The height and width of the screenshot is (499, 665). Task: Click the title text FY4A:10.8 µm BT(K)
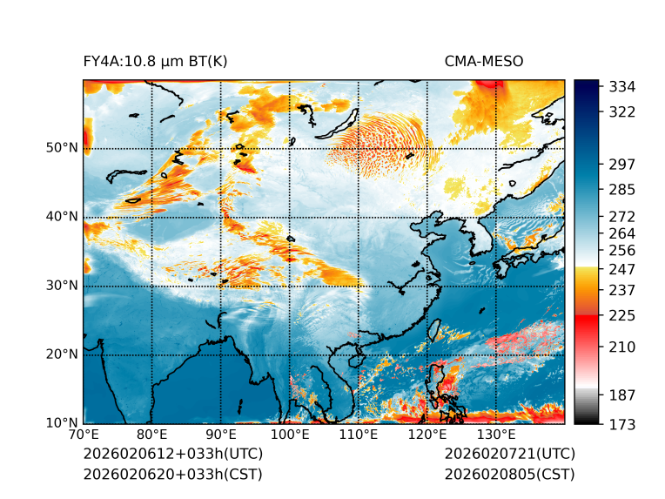[156, 61]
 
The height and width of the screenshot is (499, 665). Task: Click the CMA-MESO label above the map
[484, 61]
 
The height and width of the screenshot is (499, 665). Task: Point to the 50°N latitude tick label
[62, 148]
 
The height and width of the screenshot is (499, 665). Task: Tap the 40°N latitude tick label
[62, 217]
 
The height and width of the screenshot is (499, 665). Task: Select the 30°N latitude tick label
[62, 286]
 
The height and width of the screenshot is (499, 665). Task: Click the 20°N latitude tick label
[62, 354]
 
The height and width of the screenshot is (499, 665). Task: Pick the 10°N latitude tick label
[62, 423]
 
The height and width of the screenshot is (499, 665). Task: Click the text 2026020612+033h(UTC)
[172, 455]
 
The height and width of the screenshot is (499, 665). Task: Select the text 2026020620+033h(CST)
[172, 475]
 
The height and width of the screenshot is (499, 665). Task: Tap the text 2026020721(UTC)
[509, 455]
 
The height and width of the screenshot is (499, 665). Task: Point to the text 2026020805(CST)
[509, 475]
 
